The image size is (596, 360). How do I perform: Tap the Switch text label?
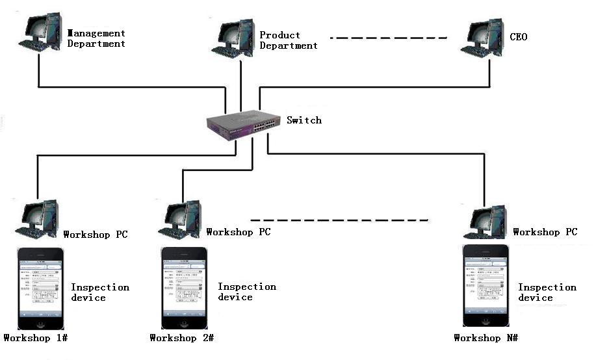pos(304,120)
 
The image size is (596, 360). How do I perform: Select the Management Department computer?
pos(42,33)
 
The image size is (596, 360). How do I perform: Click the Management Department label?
pos(96,38)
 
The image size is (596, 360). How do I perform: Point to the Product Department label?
pos(289,40)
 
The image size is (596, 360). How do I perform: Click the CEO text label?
pos(519,37)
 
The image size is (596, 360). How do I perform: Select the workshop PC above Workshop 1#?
pos(38,219)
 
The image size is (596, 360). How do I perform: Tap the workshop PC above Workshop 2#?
pos(183,219)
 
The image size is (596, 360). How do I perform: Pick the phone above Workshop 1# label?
pos(40,287)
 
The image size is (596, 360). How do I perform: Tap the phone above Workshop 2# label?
pos(184,287)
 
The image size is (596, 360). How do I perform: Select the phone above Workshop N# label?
pos(486,286)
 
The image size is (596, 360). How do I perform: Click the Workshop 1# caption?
pos(36,338)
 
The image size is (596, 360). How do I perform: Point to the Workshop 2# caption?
pos(181,338)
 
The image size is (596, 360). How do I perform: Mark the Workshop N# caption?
pos(486,338)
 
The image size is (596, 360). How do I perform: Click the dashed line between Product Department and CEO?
pos(389,38)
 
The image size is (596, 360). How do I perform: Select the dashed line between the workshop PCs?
pos(340,220)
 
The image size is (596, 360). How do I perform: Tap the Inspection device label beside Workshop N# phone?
pos(547,292)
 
